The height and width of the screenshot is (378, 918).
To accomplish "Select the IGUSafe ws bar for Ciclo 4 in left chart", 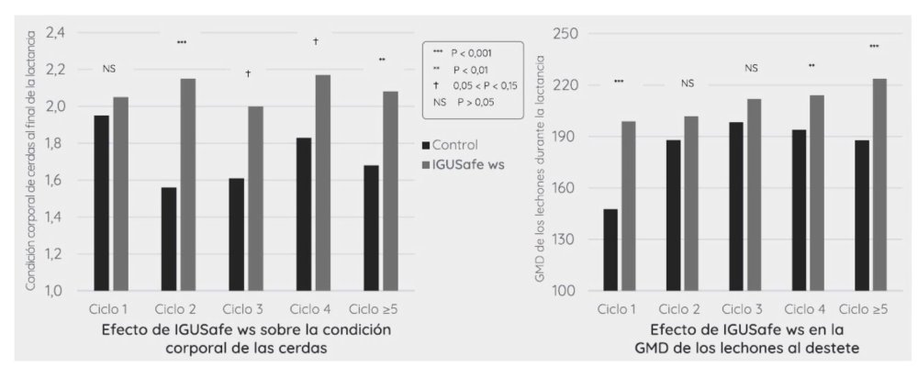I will point(322,183).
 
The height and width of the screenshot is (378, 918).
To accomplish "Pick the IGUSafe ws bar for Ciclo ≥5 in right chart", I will point(879,184).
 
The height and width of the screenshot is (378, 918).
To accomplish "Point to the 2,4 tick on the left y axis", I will point(57,33).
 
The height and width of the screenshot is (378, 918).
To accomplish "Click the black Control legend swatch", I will point(425,145).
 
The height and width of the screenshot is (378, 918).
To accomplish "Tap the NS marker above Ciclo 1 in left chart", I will point(109,68).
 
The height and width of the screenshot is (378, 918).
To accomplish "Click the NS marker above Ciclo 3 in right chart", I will point(751,68).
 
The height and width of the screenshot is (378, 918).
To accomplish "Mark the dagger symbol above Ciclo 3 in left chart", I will point(248,72).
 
